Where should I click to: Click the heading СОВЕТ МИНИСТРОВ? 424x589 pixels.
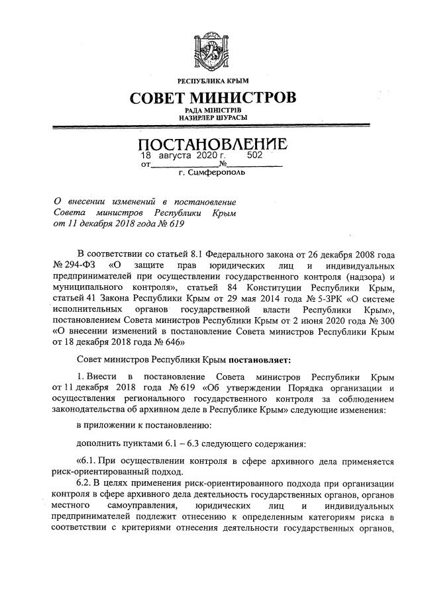213,99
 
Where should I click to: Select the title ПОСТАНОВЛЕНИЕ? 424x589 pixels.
213,144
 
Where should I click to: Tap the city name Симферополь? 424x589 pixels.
219,173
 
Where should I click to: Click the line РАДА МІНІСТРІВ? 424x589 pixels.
213,110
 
